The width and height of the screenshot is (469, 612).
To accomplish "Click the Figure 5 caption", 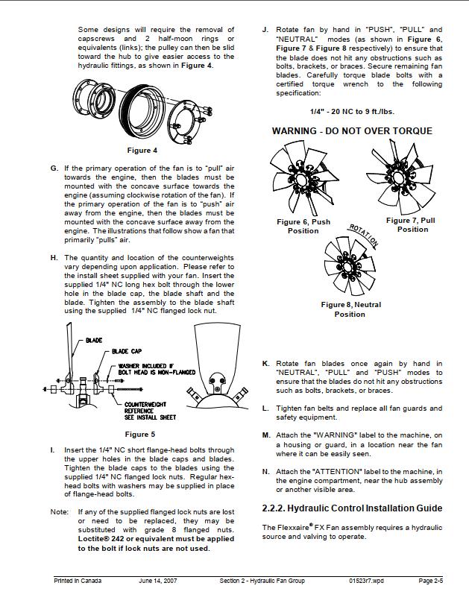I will [139, 434].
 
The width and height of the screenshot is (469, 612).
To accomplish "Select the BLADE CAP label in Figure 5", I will [127, 350].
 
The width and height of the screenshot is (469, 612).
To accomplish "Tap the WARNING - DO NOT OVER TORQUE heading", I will [351, 130].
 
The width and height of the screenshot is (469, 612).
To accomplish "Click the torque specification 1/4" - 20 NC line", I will [352, 112].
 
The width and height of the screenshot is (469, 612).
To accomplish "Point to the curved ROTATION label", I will [365, 235].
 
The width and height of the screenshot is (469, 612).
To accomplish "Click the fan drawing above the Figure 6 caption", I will [301, 180].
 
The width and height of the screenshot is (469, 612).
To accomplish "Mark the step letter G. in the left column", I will [54, 168].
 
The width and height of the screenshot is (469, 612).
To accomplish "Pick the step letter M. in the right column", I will [266, 435].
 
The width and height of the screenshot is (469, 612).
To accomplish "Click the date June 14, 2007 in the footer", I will [159, 581].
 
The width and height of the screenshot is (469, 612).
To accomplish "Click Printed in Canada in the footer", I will [78, 581].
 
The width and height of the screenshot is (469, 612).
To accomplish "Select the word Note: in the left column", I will [60, 512].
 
